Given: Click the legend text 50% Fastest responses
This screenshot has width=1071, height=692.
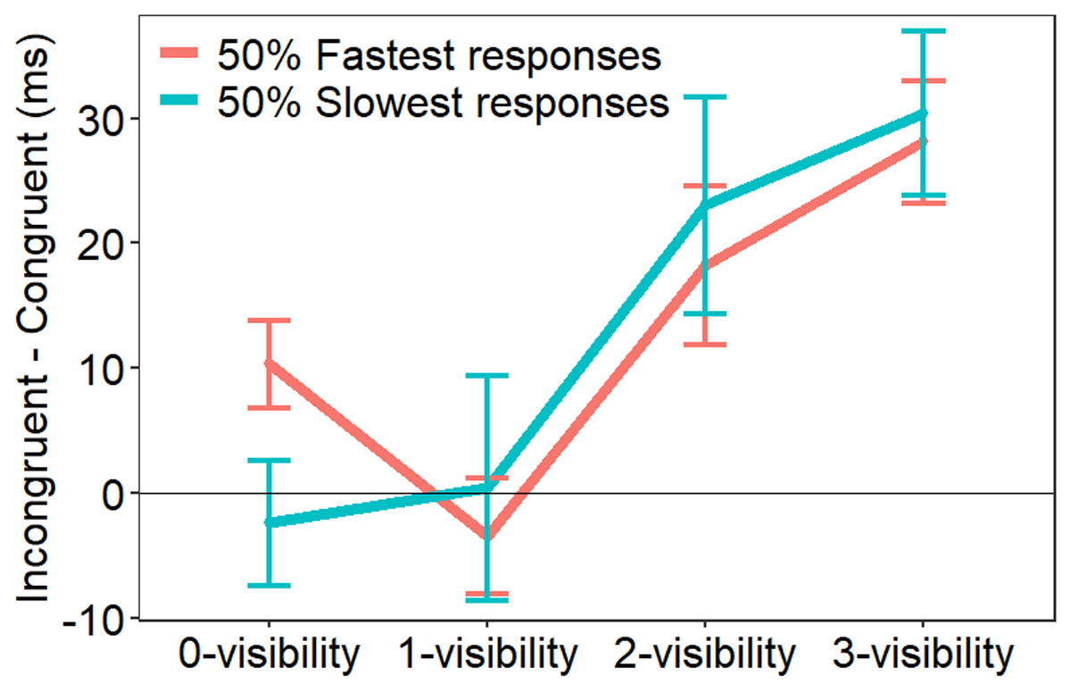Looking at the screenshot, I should pos(439,56).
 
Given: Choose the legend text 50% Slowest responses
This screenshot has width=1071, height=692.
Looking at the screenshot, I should pos(443,102).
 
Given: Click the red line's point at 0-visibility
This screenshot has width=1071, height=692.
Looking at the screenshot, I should pos(269,363).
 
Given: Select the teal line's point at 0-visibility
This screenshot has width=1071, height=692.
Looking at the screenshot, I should pos(269,522).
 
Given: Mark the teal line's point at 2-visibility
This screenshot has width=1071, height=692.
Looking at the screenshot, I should pos(705,206).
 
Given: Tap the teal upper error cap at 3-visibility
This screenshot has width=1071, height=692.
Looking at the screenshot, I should pos(924,31).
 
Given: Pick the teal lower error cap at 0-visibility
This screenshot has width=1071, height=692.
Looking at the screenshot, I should pos(269,585).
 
